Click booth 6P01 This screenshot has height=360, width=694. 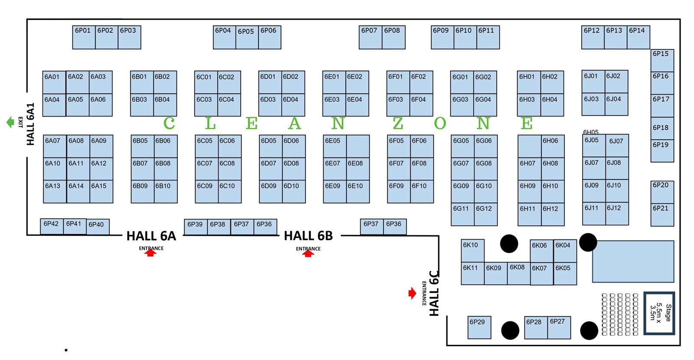point(84,37)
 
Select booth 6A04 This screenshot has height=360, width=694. point(54,105)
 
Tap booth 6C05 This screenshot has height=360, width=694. point(206,146)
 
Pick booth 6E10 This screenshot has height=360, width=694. point(358,191)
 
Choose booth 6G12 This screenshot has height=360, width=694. point(486,214)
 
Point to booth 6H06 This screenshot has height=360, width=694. point(553,146)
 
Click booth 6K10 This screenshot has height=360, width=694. point(472,251)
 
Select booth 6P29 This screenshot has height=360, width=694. point(479,327)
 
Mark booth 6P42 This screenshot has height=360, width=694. point(52,226)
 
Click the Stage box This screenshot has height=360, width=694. point(659,313)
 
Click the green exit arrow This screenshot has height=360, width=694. point(10,122)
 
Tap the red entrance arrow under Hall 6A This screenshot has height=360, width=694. point(151,253)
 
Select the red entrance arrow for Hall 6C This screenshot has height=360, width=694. point(412,293)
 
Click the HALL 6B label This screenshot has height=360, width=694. point(308,236)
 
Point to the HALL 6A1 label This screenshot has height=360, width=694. point(30,124)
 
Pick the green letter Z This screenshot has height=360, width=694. point(398,124)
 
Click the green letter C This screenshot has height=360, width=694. point(169,124)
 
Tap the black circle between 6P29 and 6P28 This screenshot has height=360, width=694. point(510,330)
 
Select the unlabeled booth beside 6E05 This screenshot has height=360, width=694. point(358,146)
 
